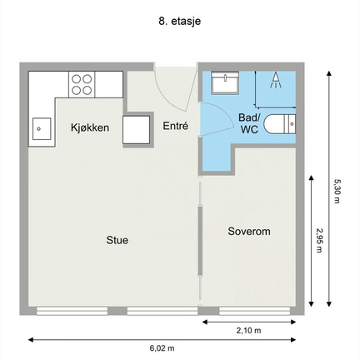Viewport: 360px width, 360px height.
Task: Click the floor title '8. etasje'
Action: tap(179, 21)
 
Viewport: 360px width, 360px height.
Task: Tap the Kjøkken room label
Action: tap(90, 127)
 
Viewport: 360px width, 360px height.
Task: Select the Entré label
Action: tap(175, 126)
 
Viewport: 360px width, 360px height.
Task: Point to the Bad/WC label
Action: tap(249, 123)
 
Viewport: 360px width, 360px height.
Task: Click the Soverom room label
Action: tap(249, 231)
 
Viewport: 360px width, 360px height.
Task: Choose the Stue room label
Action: tap(117, 240)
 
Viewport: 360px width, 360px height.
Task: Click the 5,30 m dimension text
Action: tap(337, 191)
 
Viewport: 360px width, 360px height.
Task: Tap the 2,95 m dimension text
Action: tap(319, 240)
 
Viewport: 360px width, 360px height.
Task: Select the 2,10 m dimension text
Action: tap(248, 330)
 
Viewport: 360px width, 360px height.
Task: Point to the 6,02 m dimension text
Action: tap(162, 347)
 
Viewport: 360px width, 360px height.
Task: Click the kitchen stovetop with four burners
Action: tap(82, 84)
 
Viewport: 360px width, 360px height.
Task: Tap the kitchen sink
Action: tap(42, 128)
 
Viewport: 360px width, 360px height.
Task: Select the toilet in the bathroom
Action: tap(279, 124)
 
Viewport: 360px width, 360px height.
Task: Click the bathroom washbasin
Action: tap(225, 82)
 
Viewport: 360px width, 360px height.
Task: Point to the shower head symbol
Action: tap(275, 80)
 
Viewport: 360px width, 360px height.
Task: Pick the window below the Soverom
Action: tap(254, 311)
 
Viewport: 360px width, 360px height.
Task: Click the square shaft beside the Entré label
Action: tap(137, 130)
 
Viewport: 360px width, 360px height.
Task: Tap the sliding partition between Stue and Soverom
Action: tap(199, 241)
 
